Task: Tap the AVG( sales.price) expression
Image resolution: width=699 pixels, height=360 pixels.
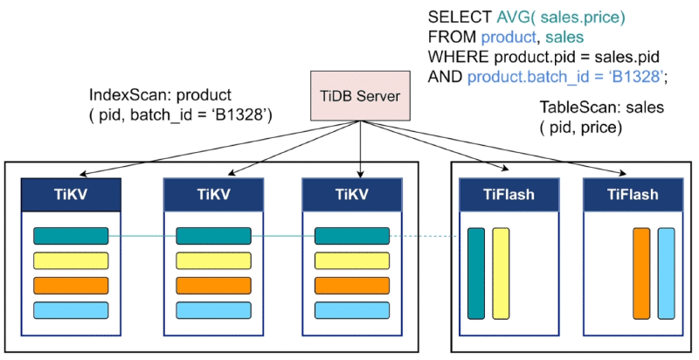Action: [x=562, y=17]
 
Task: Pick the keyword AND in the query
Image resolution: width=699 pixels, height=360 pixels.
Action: [x=445, y=77]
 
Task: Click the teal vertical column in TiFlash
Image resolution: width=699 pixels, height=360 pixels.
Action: [x=476, y=273]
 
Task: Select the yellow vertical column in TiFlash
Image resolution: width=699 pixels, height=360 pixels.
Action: [x=501, y=273]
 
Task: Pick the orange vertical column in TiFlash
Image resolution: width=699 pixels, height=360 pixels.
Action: [x=641, y=273]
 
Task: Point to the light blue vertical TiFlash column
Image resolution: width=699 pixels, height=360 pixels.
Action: [x=666, y=273]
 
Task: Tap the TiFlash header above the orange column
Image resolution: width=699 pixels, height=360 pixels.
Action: [x=633, y=195]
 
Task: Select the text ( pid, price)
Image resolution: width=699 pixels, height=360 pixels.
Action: [x=580, y=128]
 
